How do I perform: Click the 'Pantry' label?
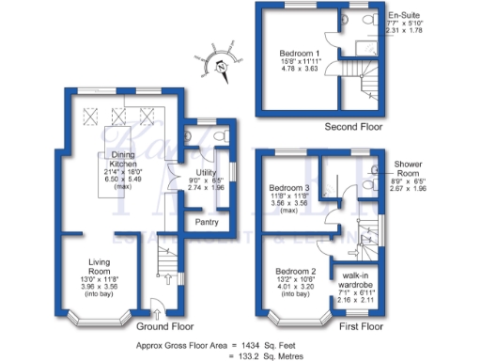[x=206, y=222]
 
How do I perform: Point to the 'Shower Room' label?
[x=408, y=164]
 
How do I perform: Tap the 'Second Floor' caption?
[x=351, y=126]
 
